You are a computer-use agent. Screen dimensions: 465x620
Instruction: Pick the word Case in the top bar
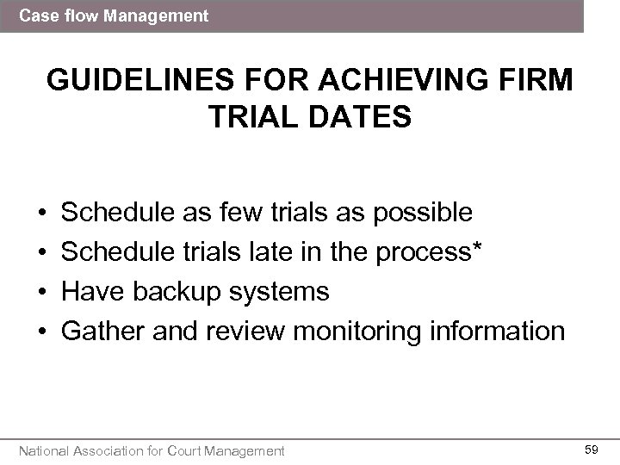pos(37,15)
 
